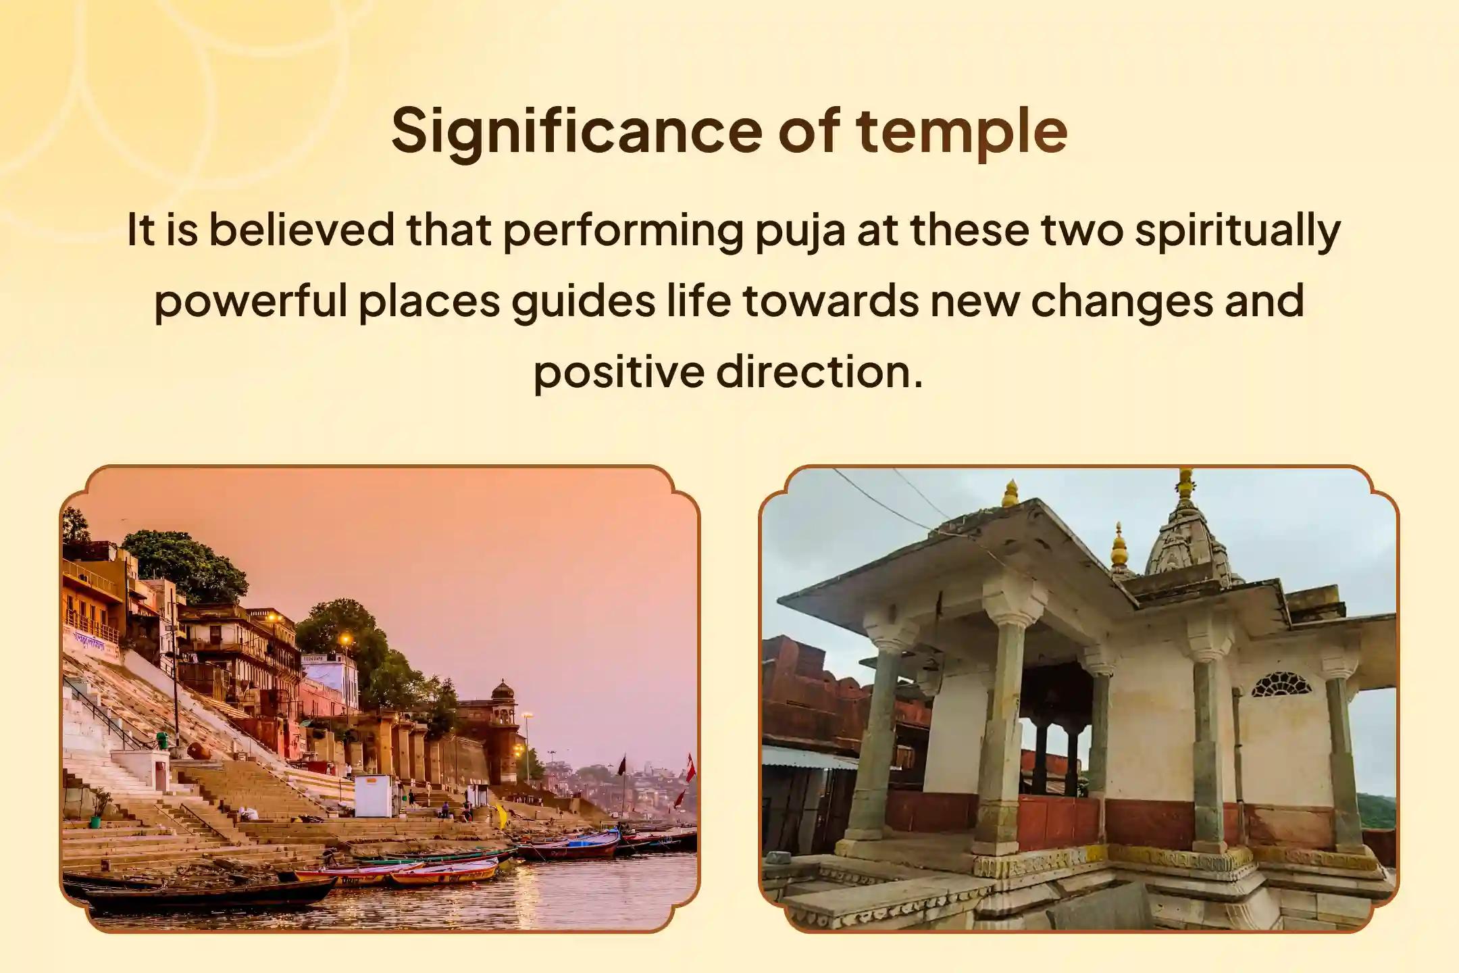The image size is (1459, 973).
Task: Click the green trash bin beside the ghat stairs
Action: [161, 739]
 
